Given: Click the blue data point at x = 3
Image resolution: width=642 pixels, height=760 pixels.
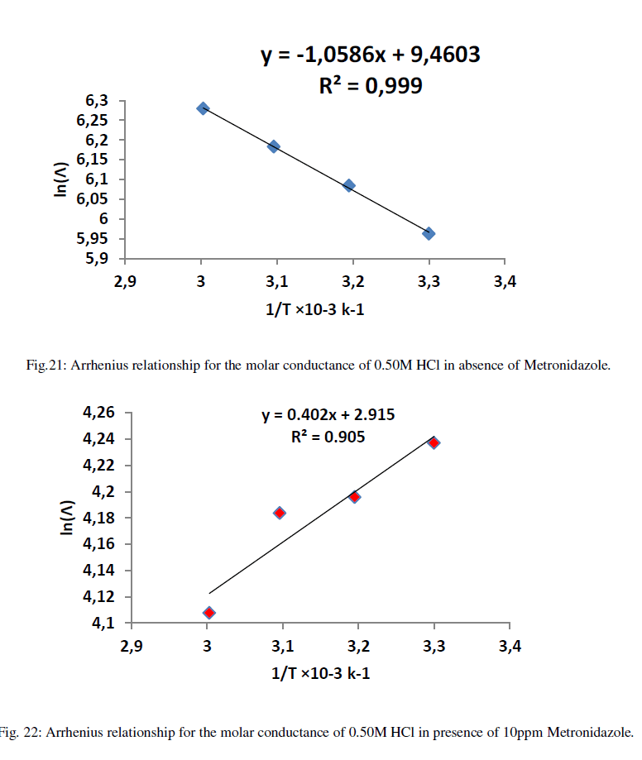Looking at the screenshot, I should tap(203, 108).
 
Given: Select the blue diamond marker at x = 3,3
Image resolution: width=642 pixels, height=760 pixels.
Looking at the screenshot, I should tap(429, 233).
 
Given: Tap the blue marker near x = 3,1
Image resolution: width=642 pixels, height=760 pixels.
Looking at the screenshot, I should tap(274, 146).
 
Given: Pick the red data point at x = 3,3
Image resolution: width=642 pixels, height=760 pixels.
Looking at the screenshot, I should tap(434, 442).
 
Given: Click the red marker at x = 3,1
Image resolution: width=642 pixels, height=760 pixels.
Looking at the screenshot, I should tap(280, 513).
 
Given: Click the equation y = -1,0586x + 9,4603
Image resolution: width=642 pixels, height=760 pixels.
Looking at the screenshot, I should tap(371, 56).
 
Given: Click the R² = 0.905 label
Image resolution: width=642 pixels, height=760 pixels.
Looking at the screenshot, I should tap(328, 437).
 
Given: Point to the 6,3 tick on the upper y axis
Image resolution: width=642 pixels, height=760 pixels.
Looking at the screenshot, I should tap(97, 100).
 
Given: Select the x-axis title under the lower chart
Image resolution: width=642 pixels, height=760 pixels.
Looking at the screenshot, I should tap(321, 673).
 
